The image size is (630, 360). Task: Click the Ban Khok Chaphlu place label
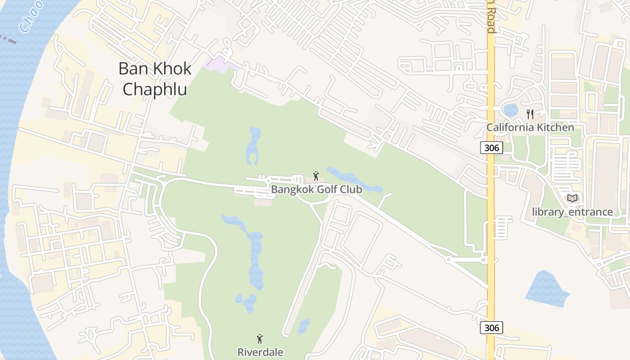pyautogui.click(x=155, y=79)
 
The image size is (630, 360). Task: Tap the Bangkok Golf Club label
pyautogui.click(x=316, y=189)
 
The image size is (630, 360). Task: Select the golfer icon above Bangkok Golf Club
pyautogui.click(x=316, y=176)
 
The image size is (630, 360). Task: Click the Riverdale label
pyautogui.click(x=260, y=352)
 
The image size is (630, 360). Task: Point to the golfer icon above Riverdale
pyautogui.click(x=260, y=339)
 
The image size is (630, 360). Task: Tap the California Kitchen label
pyautogui.click(x=530, y=127)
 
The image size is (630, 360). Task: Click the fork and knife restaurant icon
pyautogui.click(x=530, y=114)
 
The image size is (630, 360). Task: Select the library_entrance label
pyautogui.click(x=572, y=211)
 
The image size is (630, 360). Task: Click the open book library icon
pyautogui.click(x=572, y=198)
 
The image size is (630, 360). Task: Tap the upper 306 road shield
pyautogui.click(x=491, y=148)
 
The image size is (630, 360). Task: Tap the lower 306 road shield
pyautogui.click(x=491, y=328)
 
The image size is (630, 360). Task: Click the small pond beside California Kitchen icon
pyautogui.click(x=511, y=110)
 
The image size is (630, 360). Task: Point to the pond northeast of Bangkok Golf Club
pyautogui.click(x=355, y=180)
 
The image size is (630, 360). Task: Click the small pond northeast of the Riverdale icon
pyautogui.click(x=304, y=325)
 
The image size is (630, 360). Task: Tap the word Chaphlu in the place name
pyautogui.click(x=155, y=89)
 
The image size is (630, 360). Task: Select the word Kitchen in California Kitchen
pyautogui.click(x=554, y=127)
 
